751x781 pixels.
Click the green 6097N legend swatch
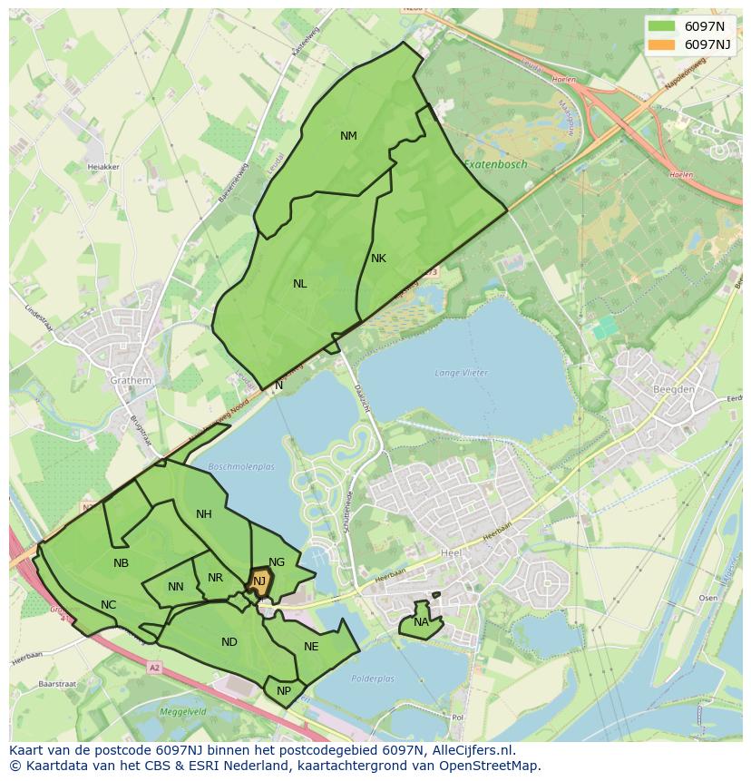(662, 26)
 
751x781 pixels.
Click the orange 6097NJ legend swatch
(662, 44)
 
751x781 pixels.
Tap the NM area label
(348, 136)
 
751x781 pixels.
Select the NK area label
(378, 259)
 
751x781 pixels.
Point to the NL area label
(299, 284)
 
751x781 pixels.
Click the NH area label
(204, 514)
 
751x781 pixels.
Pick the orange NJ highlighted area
(259, 581)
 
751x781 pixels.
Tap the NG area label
(277, 562)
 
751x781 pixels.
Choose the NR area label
(215, 578)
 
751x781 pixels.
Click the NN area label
(176, 587)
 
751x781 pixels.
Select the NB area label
(121, 563)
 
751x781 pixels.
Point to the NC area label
(109, 605)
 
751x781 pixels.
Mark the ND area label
(229, 642)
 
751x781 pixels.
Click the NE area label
(311, 647)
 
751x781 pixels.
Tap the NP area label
(284, 690)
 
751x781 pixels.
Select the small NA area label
(421, 622)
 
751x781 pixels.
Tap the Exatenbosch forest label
(495, 164)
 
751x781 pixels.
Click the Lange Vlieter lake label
(461, 373)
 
